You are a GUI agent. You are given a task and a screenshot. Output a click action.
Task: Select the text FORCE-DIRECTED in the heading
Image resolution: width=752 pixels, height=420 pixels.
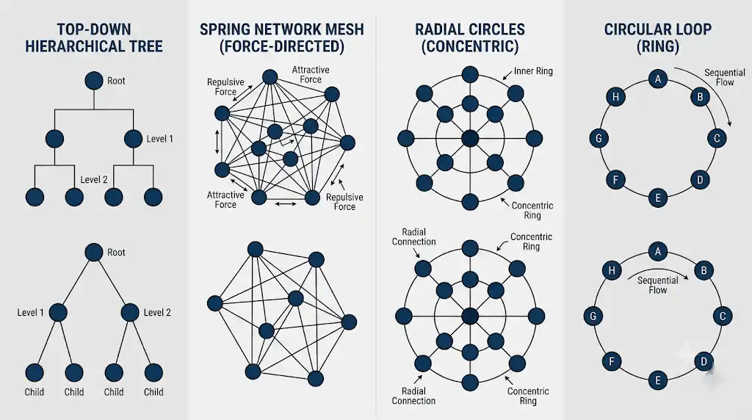pos(281,46)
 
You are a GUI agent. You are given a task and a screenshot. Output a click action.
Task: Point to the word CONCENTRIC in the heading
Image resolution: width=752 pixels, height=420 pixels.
pos(470,46)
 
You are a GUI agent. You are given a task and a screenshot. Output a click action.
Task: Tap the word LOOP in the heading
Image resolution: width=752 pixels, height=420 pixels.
pos(691,29)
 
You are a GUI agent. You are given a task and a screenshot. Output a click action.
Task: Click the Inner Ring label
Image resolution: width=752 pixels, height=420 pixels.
pos(533,71)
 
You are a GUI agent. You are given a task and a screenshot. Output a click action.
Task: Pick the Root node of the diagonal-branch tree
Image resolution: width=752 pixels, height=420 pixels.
pos(94,252)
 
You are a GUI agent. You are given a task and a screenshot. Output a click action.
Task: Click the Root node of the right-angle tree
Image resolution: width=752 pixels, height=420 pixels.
pos(94,81)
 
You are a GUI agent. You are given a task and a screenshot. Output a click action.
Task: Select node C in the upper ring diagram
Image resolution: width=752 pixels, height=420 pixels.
pos(717,139)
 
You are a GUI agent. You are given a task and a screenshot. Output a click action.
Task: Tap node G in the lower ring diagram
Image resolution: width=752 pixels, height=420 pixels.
pos(593,316)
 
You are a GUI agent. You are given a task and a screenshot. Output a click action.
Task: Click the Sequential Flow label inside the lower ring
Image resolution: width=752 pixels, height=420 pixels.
pos(657,286)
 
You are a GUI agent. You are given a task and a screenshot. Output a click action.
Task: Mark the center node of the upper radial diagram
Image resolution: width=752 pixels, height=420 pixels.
pos(470,139)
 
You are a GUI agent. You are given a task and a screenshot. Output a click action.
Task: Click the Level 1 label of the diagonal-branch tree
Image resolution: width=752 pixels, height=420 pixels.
pos(30,313)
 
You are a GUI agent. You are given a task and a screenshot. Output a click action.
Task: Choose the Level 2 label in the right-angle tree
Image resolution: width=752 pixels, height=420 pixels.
pos(93,180)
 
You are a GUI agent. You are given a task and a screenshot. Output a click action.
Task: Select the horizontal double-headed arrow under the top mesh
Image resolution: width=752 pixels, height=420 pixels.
pos(286,204)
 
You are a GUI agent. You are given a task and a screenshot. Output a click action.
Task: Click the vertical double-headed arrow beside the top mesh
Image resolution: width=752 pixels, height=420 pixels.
pos(217,142)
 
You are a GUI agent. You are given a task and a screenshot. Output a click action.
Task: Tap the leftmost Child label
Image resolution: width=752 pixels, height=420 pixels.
pos(34,392)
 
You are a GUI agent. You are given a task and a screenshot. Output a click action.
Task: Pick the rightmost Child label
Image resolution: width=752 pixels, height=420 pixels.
pos(153,392)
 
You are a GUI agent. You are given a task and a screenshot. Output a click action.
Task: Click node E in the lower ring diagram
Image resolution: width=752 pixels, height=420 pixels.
pos(657,380)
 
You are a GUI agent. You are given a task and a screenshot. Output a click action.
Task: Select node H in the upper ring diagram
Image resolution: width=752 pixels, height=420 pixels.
pos(616,97)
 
